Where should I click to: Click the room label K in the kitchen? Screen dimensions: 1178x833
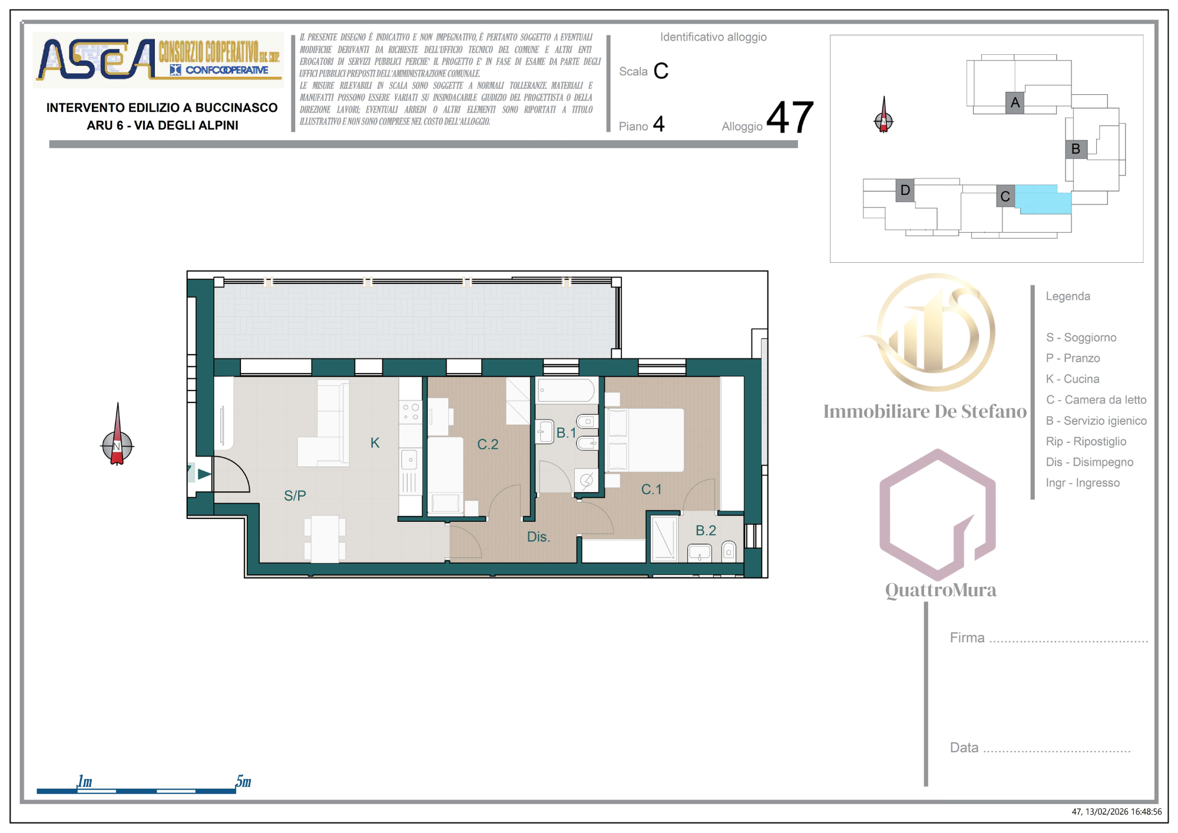click(x=375, y=443)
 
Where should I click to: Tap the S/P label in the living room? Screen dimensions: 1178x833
click(x=295, y=495)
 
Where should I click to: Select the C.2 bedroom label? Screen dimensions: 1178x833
click(x=488, y=444)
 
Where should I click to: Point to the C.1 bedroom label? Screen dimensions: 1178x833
click(x=651, y=489)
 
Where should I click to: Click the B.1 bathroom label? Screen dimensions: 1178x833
click(x=567, y=433)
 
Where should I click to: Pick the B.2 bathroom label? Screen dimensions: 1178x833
click(x=706, y=530)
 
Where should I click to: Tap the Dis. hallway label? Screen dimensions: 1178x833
click(x=538, y=537)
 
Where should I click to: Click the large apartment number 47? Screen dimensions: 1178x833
click(x=790, y=117)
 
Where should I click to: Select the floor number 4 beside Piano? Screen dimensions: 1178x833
click(x=659, y=124)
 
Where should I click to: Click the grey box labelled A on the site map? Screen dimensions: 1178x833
click(x=1015, y=103)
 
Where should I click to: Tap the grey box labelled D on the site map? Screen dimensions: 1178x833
click(x=905, y=190)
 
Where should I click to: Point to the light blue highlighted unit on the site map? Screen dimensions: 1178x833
click(x=1043, y=200)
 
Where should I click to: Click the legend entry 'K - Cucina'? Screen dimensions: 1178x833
click(x=1073, y=379)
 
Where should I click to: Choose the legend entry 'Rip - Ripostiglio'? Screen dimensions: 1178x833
click(x=1086, y=441)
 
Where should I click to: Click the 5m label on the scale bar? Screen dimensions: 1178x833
click(x=243, y=781)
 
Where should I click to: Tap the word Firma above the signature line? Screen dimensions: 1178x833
click(x=967, y=637)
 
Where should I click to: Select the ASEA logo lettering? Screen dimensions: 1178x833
click(x=96, y=59)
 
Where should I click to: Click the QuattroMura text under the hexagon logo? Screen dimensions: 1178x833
click(x=941, y=590)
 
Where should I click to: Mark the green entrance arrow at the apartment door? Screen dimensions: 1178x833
click(x=204, y=474)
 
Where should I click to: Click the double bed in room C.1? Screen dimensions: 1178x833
click(x=646, y=440)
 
